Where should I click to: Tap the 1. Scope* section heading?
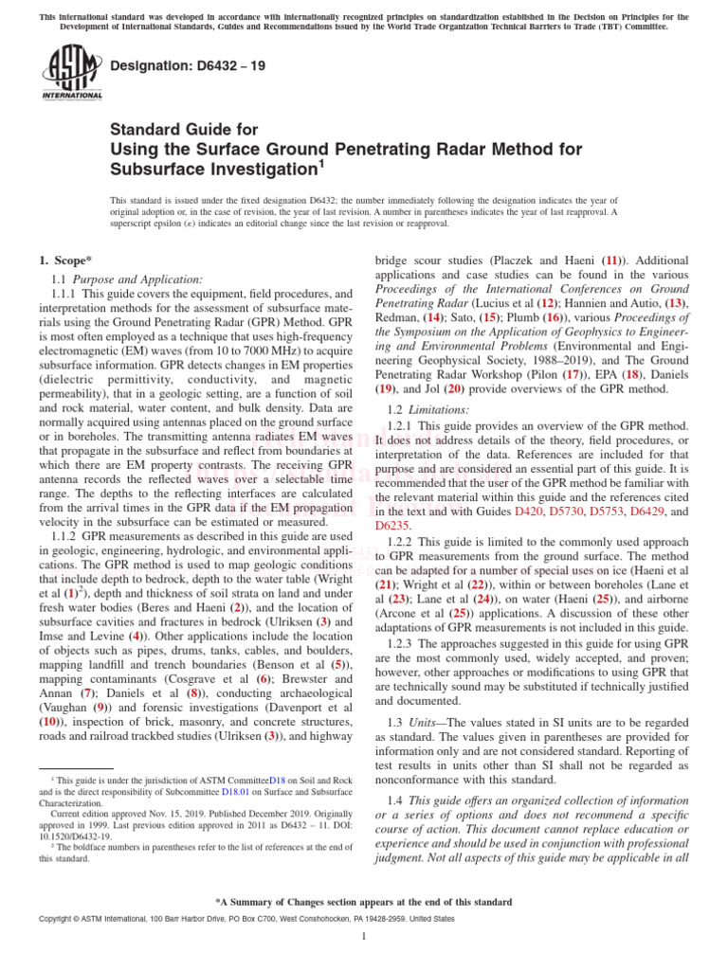(67, 260)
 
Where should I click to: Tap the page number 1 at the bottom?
(364, 937)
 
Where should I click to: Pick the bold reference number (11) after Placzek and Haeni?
(613, 260)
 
